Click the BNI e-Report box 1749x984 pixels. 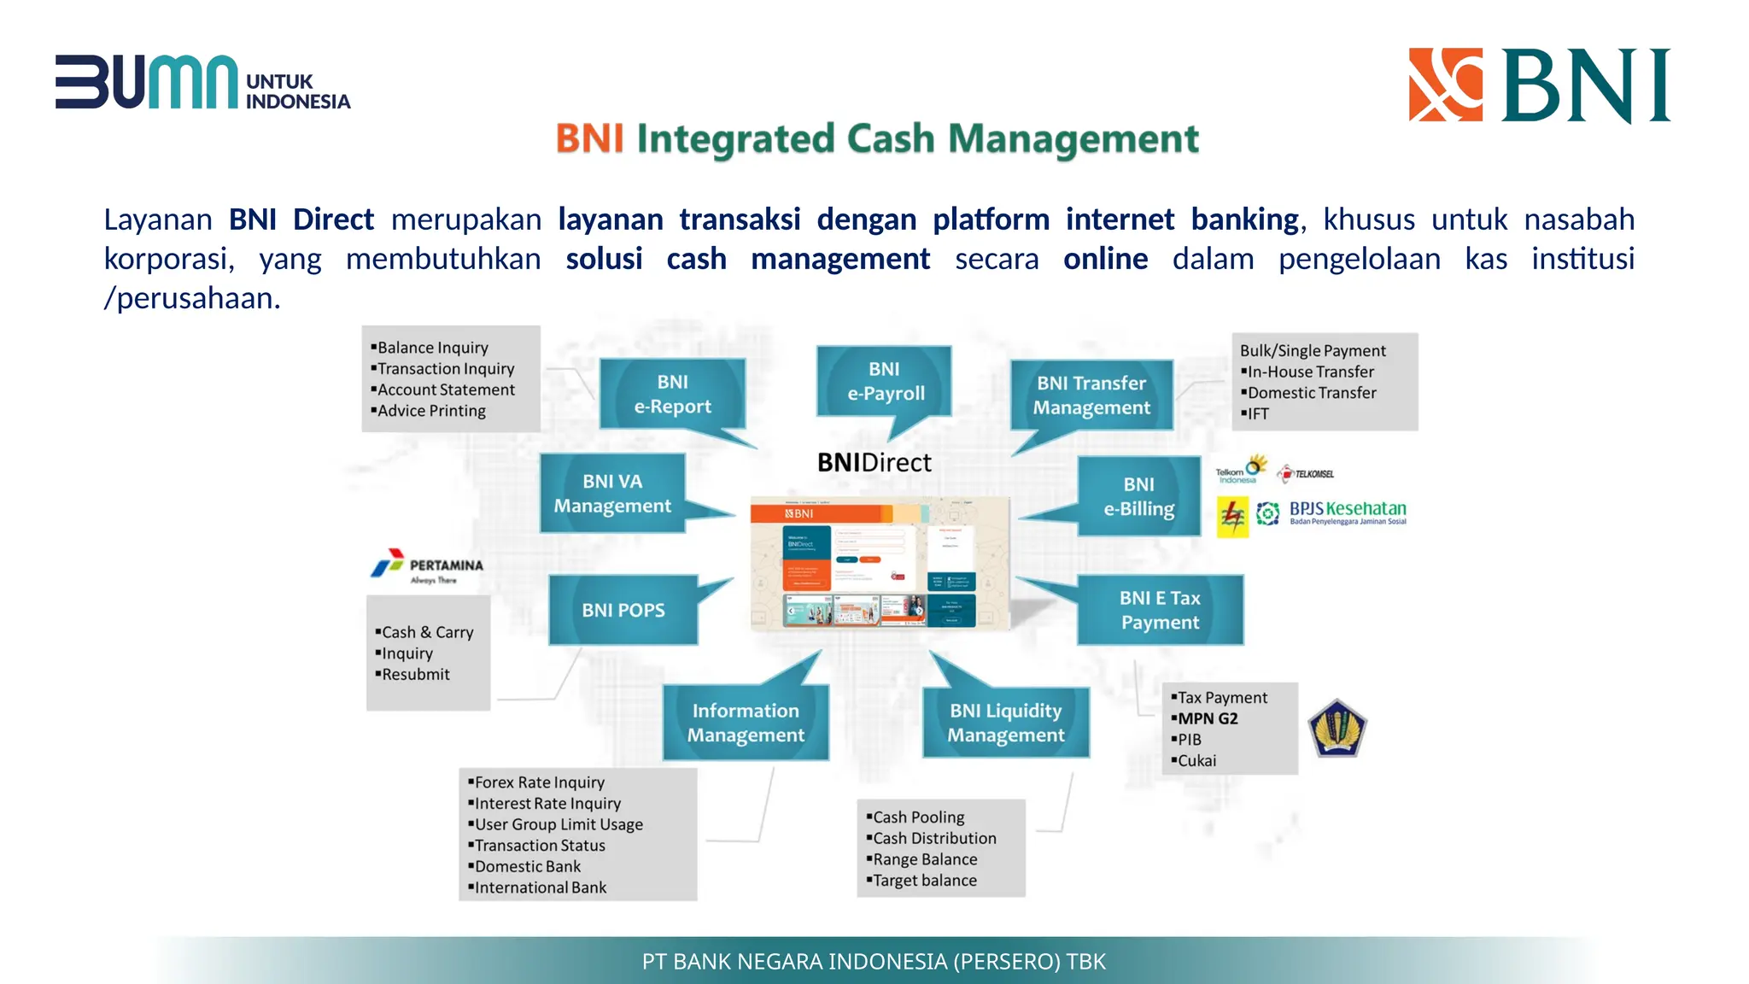click(x=672, y=394)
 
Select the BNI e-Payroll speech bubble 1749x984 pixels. click(x=885, y=381)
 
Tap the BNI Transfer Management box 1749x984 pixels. click(x=1091, y=395)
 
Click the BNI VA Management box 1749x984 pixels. click(x=612, y=493)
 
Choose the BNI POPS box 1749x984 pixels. click(x=623, y=610)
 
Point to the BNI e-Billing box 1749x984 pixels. click(x=1138, y=496)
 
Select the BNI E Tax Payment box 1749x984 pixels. click(x=1159, y=610)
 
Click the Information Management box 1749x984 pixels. click(x=746, y=723)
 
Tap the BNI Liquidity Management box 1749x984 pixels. click(x=1005, y=723)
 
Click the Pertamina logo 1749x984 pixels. click(x=427, y=565)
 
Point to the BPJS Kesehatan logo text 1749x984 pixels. click(x=1347, y=511)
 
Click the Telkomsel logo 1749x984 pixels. click(x=1306, y=473)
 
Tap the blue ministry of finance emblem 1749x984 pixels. click(x=1337, y=729)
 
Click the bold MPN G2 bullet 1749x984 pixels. click(x=1207, y=718)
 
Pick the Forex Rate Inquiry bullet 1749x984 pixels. click(x=539, y=782)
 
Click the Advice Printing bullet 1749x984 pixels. click(x=431, y=411)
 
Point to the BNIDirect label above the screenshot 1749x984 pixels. click(x=874, y=463)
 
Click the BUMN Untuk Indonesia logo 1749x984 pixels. click(x=202, y=83)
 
